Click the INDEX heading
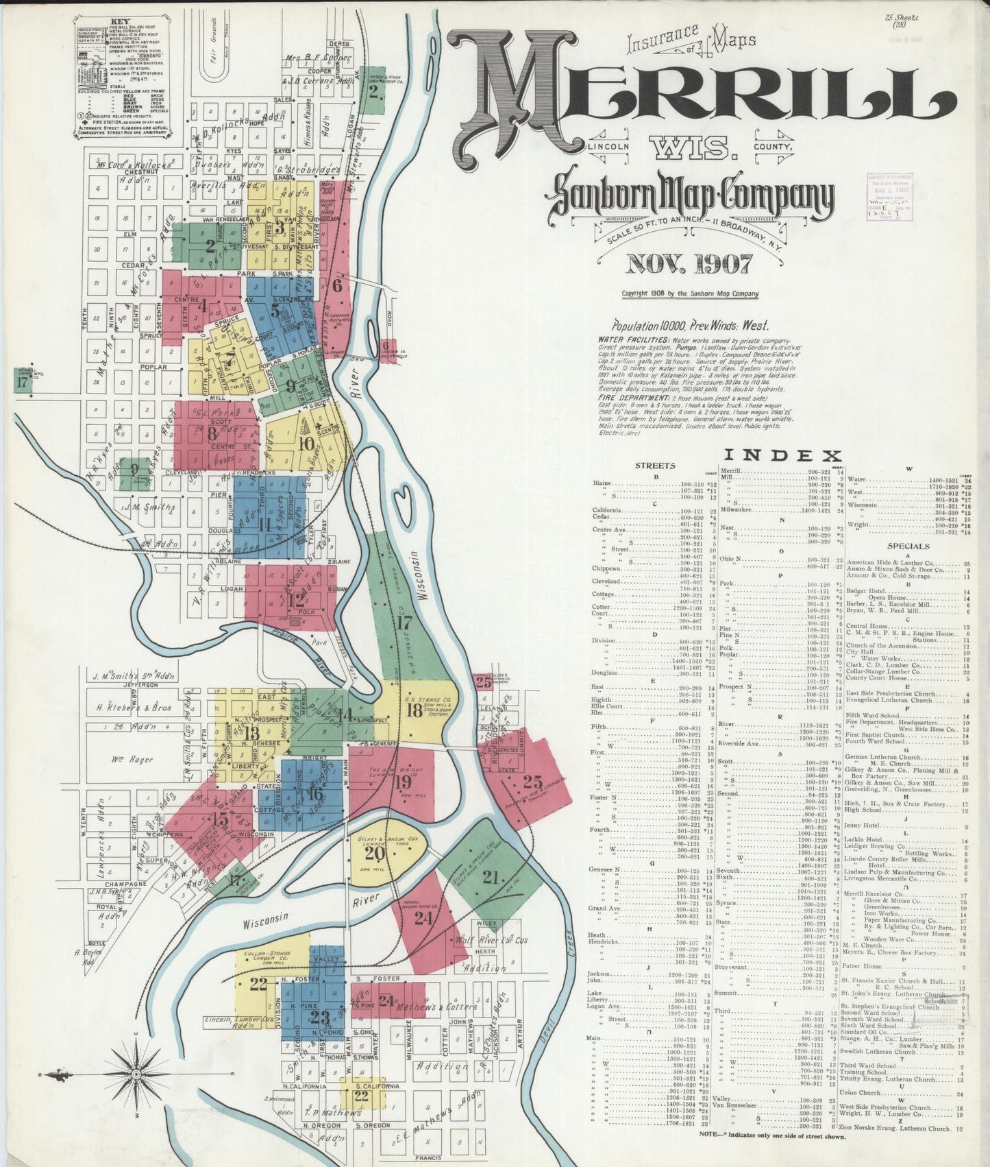[782, 455]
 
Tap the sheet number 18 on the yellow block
[414, 710]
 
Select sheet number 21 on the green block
[491, 876]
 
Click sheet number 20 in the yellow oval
[373, 853]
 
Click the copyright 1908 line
[689, 293]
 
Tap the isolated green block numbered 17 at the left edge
[23, 382]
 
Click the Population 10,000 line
[690, 326]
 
